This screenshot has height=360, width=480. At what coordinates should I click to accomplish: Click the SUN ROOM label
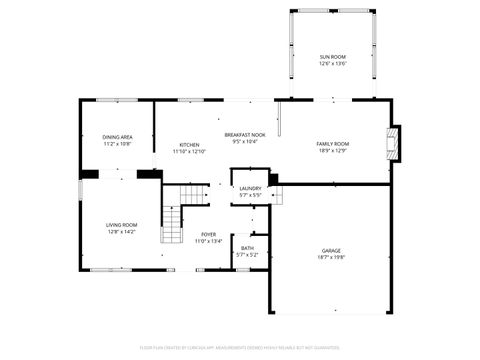pos(332,57)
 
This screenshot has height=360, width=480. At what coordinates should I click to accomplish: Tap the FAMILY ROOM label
pos(332,144)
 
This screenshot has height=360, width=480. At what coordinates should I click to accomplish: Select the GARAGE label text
pos(331,250)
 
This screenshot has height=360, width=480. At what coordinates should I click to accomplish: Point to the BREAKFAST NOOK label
pos(245,135)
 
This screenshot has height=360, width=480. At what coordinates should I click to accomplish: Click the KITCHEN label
pos(189,145)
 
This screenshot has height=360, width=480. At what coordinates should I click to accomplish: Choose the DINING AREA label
pos(118,137)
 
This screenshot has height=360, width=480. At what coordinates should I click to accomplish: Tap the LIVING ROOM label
pos(120,225)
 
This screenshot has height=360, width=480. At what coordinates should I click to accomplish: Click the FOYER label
pos(208,234)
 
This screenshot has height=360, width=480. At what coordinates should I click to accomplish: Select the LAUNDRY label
pos(250,188)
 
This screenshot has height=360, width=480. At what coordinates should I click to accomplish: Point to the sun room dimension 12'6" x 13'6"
pos(332,64)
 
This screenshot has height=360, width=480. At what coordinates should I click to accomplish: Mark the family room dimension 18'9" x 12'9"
pos(332,151)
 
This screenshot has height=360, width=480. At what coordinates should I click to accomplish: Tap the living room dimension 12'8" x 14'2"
pos(120,232)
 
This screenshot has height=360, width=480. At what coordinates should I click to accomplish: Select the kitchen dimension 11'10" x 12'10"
pos(189,152)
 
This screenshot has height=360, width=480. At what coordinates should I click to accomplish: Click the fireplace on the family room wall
pos(394,142)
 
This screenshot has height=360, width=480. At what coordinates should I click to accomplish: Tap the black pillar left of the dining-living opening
pos(90,174)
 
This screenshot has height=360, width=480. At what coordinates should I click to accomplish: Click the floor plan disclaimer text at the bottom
pos(240,348)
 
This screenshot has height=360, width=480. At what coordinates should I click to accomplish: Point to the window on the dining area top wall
pos(118,99)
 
